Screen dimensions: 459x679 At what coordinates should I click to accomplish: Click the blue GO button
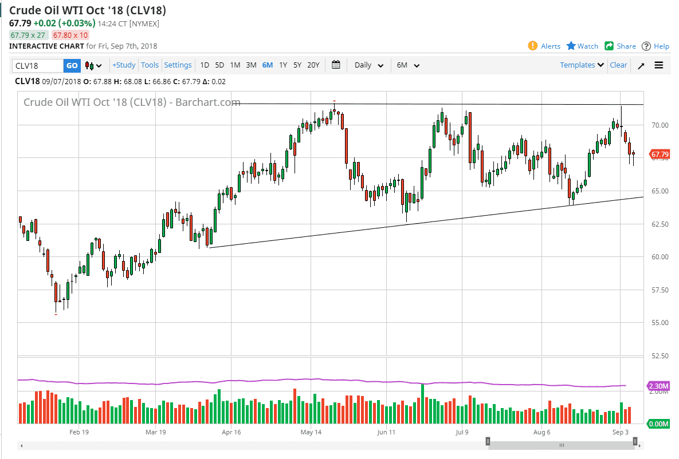pos(72,65)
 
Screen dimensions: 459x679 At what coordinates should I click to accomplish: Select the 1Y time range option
pos(283,65)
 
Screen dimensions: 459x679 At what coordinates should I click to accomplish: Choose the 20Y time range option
pos(313,65)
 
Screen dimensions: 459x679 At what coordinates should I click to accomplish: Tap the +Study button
pos(124,65)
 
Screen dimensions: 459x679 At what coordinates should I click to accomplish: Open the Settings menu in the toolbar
pos(178,65)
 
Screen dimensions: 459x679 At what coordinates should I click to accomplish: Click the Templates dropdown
pos(582,65)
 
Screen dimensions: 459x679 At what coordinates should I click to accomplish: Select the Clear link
pos(618,65)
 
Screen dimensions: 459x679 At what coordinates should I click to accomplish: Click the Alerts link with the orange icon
pos(544,46)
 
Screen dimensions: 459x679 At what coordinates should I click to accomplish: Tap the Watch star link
pos(582,46)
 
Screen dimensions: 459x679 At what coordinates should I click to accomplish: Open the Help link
pos(656,46)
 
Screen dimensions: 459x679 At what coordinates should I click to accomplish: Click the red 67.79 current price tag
pos(660,155)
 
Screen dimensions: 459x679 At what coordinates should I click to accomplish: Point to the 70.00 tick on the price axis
pos(658,125)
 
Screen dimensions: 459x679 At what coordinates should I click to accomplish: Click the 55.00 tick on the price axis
pos(658,323)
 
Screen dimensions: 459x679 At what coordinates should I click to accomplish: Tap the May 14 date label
pos(311,433)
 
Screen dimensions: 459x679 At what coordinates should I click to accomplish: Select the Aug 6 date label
pos(541,433)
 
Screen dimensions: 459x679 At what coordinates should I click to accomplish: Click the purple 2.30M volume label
pos(658,386)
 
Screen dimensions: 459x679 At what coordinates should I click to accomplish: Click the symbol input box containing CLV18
pos(37,65)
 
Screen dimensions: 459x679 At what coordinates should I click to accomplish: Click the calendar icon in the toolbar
pos(336,65)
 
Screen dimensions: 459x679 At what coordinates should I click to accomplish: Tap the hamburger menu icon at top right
pos(659,65)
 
